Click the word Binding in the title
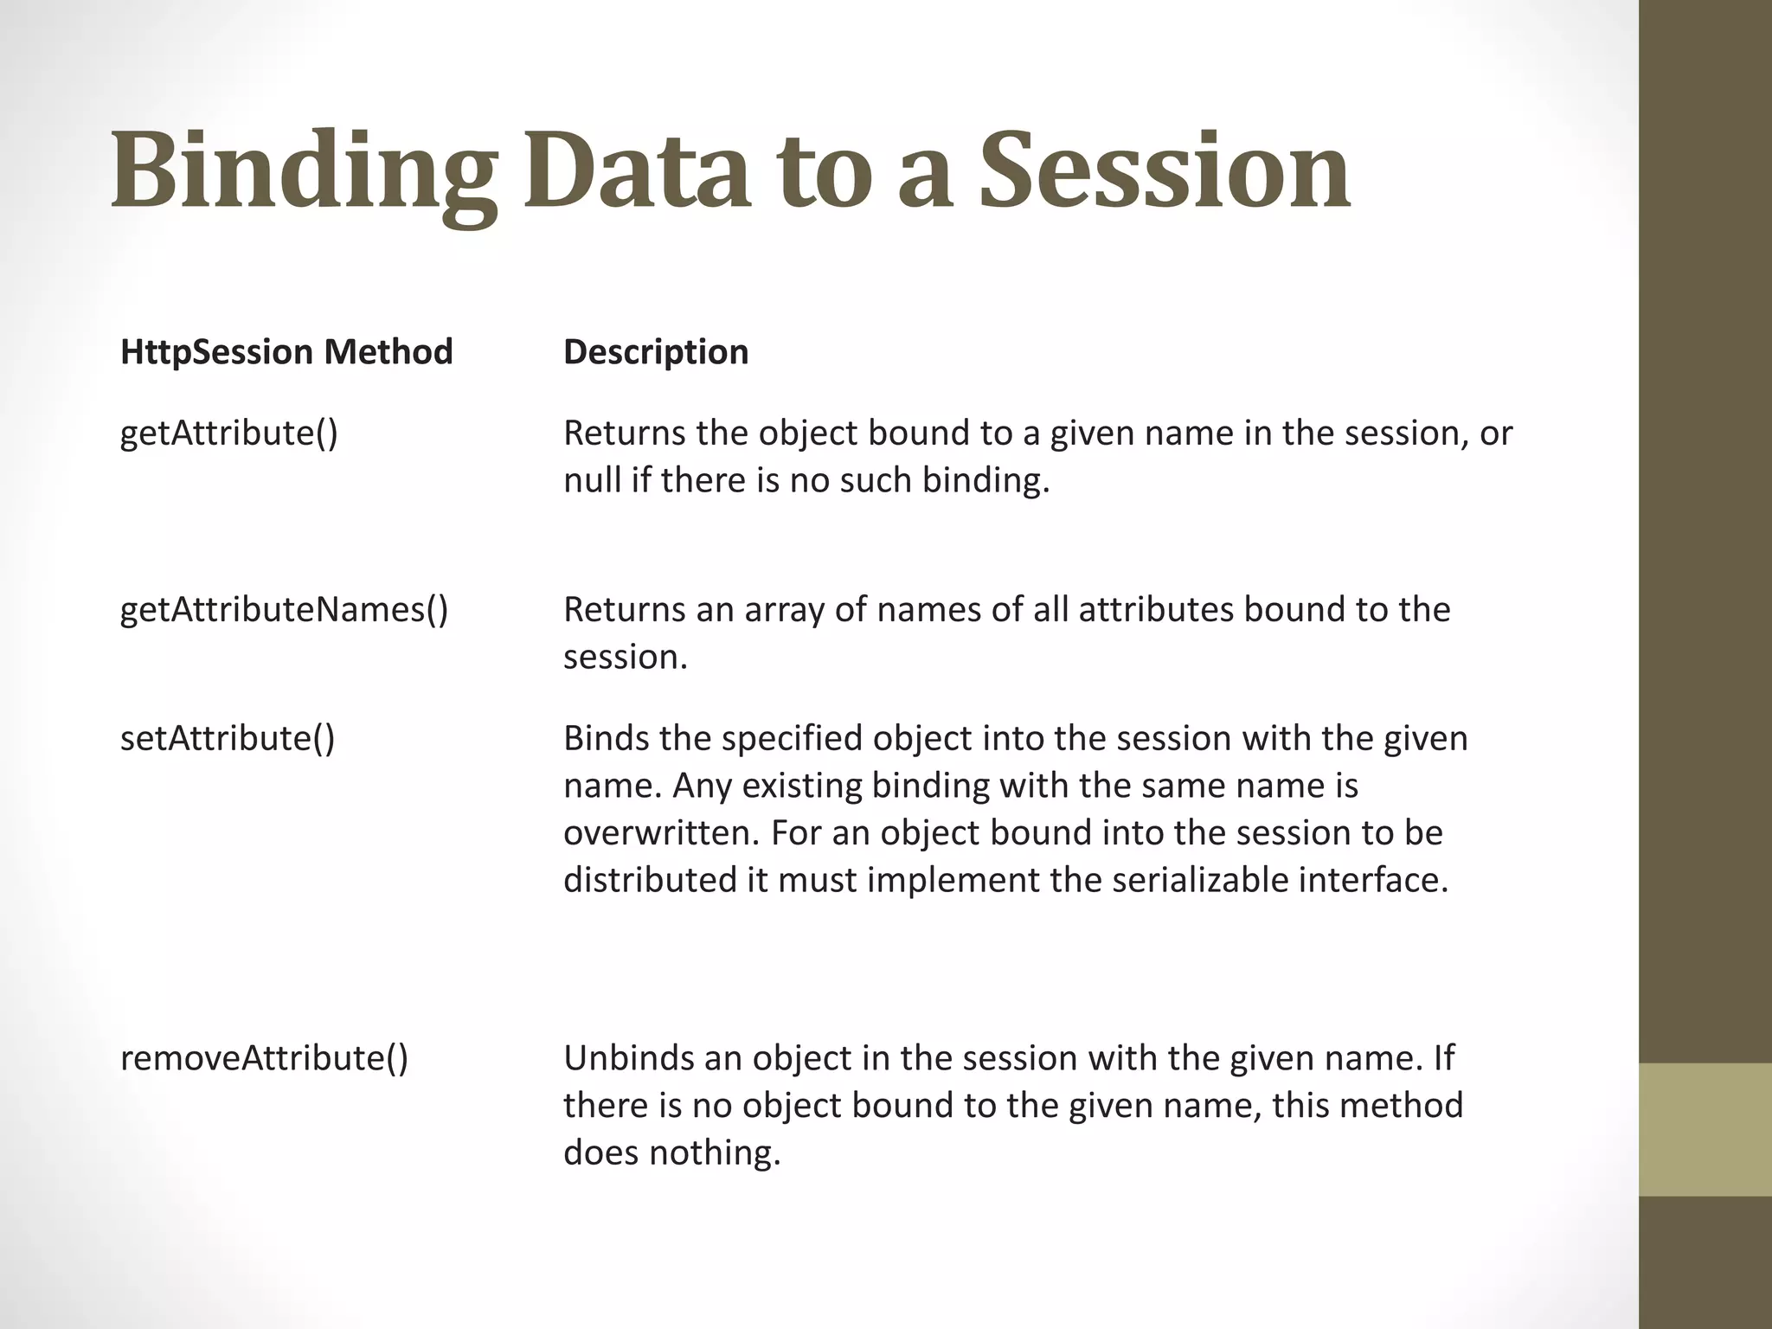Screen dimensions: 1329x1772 click(305, 173)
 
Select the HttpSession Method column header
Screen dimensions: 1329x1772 click(286, 352)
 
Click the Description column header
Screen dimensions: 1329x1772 click(656, 352)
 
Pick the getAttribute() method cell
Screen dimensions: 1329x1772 click(229, 433)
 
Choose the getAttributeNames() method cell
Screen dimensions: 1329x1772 click(284, 609)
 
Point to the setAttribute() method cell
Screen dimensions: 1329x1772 click(228, 738)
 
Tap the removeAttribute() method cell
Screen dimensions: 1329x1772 click(264, 1057)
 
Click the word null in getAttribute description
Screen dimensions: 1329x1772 click(592, 480)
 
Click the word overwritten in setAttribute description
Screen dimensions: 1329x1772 click(661, 832)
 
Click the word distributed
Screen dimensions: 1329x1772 click(649, 880)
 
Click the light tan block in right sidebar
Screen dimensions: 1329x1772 click(1705, 1129)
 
